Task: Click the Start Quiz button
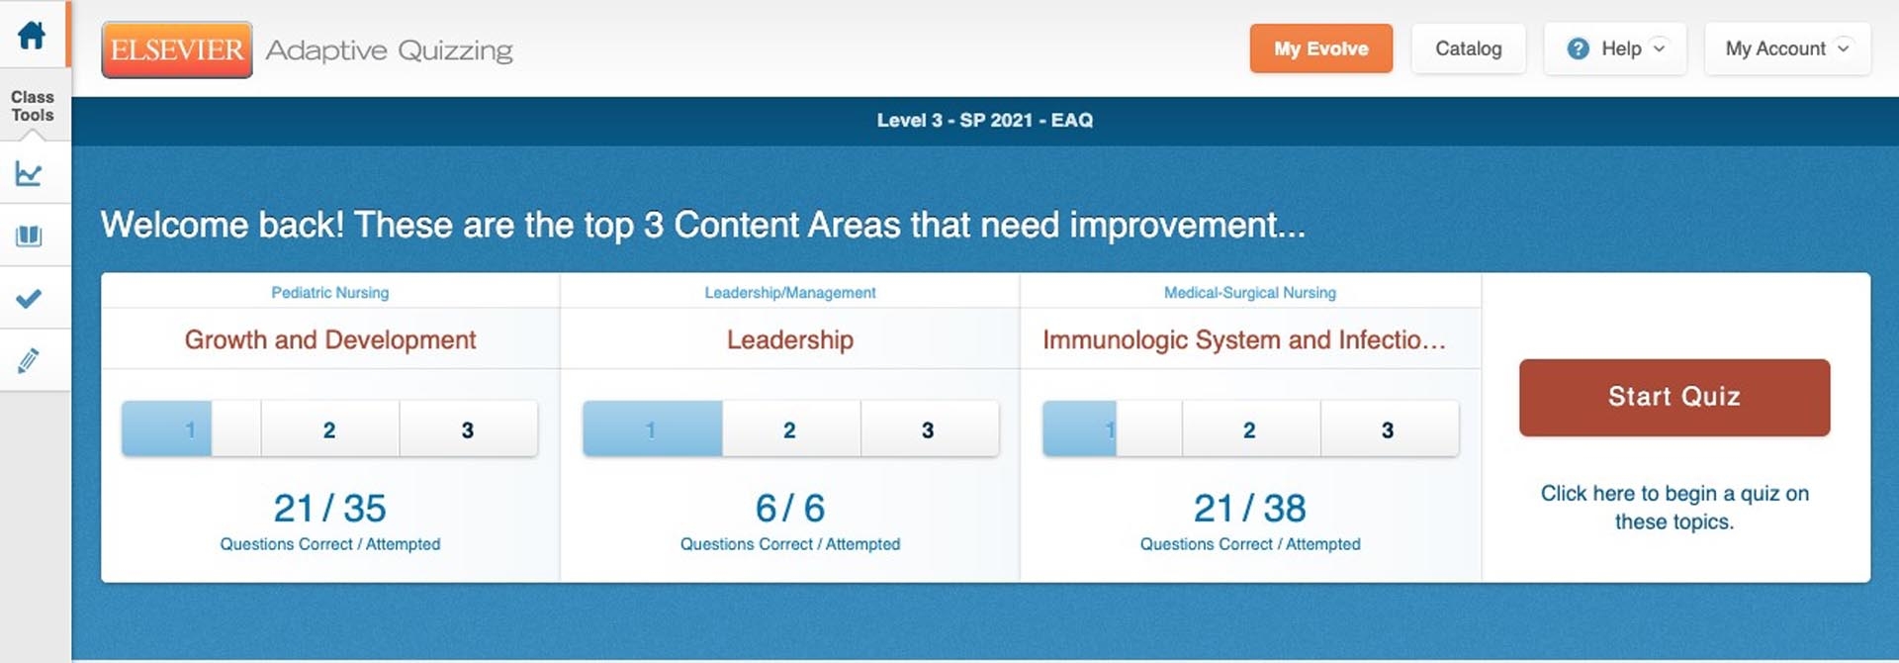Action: pyautogui.click(x=1673, y=397)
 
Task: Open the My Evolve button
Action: pyautogui.click(x=1320, y=48)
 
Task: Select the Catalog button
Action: pyautogui.click(x=1468, y=48)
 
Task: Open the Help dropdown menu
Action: pyautogui.click(x=1615, y=48)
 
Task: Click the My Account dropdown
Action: pyautogui.click(x=1786, y=48)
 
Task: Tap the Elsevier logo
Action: pyautogui.click(x=177, y=49)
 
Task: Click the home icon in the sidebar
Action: pyautogui.click(x=32, y=36)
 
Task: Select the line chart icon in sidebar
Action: pyautogui.click(x=30, y=174)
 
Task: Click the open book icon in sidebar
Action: pyautogui.click(x=30, y=236)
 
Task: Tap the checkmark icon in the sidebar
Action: pyautogui.click(x=30, y=298)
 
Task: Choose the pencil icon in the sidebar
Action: pyautogui.click(x=30, y=360)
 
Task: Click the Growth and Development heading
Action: pyautogui.click(x=330, y=339)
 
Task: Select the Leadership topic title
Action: pyautogui.click(x=789, y=339)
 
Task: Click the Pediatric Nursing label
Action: pyautogui.click(x=330, y=293)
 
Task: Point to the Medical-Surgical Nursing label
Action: pyautogui.click(x=1249, y=293)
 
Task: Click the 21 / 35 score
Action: pyautogui.click(x=330, y=509)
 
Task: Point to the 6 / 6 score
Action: pyautogui.click(x=789, y=509)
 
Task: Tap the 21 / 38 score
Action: pyautogui.click(x=1249, y=509)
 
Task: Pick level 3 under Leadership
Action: pyautogui.click(x=928, y=429)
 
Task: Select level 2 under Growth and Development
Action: pyautogui.click(x=329, y=429)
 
